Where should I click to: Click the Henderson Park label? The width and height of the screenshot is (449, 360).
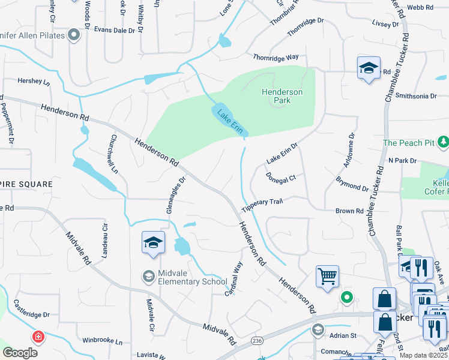[282, 96]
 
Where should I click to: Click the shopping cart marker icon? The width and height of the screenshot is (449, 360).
[327, 277]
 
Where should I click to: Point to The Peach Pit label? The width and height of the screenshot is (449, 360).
[409, 143]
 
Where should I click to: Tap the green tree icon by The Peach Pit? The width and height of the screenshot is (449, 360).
[443, 142]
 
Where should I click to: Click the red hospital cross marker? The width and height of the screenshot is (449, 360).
[38, 337]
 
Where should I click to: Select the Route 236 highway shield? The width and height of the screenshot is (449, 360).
[258, 340]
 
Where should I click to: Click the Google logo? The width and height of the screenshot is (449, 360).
[20, 352]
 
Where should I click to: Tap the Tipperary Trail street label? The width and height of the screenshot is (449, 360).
[262, 205]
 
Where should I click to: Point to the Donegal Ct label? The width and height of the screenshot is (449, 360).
[281, 178]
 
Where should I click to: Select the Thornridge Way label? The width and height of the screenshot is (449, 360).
[276, 57]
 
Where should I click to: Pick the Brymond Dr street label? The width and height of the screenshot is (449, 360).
[352, 183]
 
